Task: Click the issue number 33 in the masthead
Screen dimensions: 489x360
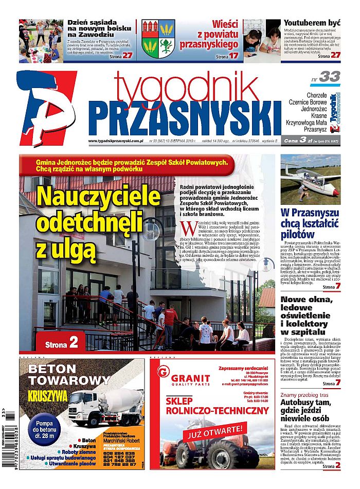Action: click(x=329, y=77)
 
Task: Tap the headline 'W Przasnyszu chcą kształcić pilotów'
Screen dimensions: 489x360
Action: click(x=310, y=223)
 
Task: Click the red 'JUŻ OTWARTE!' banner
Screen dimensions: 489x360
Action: click(x=215, y=430)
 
